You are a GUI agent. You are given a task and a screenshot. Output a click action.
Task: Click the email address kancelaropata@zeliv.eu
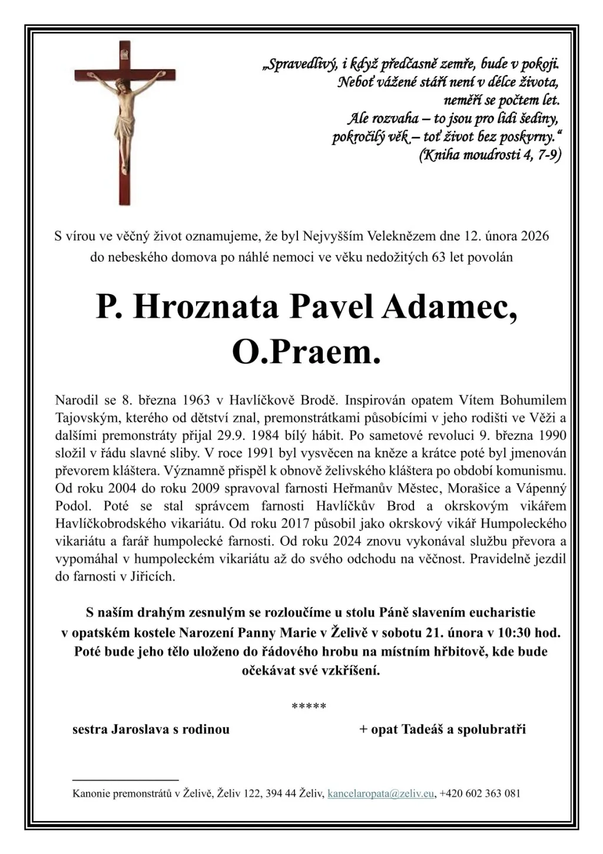[x=380, y=793]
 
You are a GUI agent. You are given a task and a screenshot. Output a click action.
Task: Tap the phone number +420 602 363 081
[x=480, y=793]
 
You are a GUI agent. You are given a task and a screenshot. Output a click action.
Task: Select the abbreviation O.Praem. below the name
[x=306, y=353]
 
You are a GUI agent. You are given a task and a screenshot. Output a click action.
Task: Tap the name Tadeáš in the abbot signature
[x=423, y=730]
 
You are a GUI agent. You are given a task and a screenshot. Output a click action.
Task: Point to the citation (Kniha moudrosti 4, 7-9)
[x=489, y=156]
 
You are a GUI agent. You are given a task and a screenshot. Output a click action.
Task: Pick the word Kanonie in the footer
[x=91, y=793]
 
